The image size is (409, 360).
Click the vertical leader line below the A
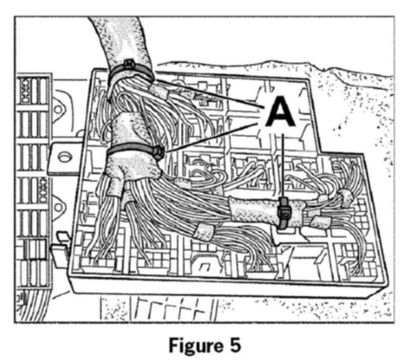click(x=282, y=165)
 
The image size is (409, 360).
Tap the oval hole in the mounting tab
click(x=63, y=158)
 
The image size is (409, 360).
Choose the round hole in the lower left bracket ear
click(x=59, y=205)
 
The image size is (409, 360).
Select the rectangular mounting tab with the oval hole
click(x=68, y=158)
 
